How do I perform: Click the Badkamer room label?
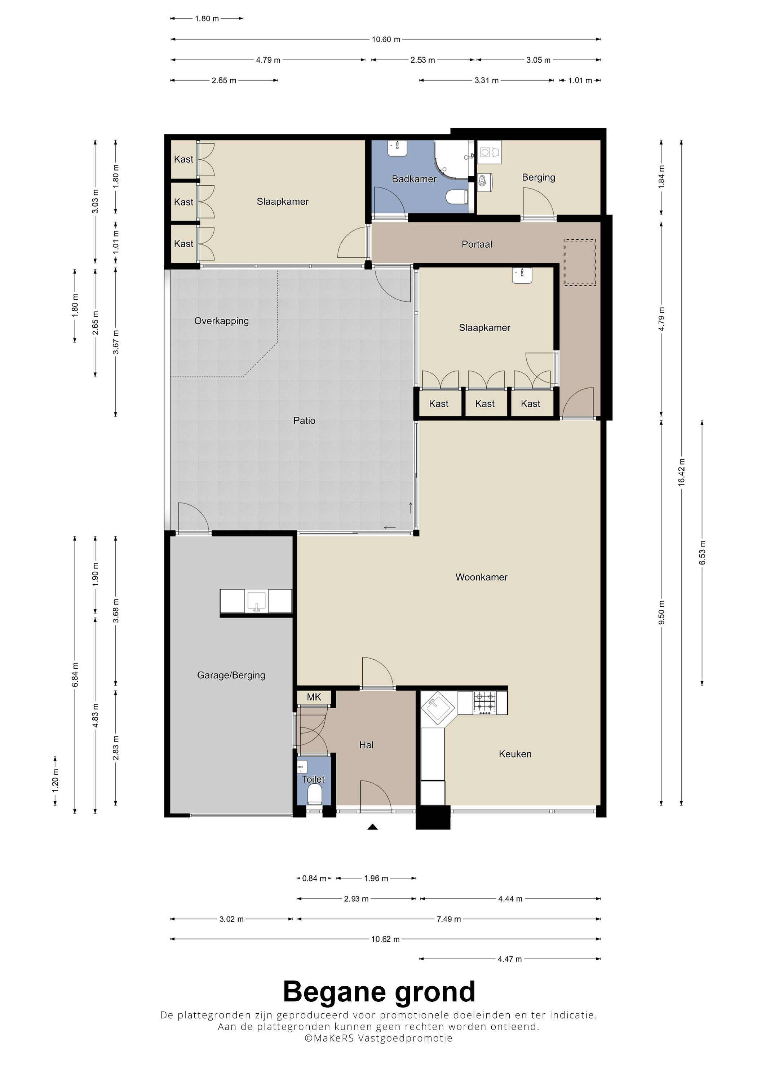[x=414, y=179]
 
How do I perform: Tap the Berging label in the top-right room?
[x=538, y=177]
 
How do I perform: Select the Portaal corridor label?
[x=477, y=244]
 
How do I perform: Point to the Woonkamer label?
[x=481, y=577]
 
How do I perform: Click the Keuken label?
[x=515, y=754]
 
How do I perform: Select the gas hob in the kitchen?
[x=485, y=703]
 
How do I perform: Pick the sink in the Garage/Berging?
[x=256, y=601]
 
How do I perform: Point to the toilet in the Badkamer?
[x=457, y=197]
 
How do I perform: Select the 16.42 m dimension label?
[x=681, y=473]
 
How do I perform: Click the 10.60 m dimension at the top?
[x=386, y=39]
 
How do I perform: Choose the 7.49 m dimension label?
[x=449, y=919]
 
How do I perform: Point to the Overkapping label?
[x=222, y=321]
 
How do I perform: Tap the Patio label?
[x=304, y=420]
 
